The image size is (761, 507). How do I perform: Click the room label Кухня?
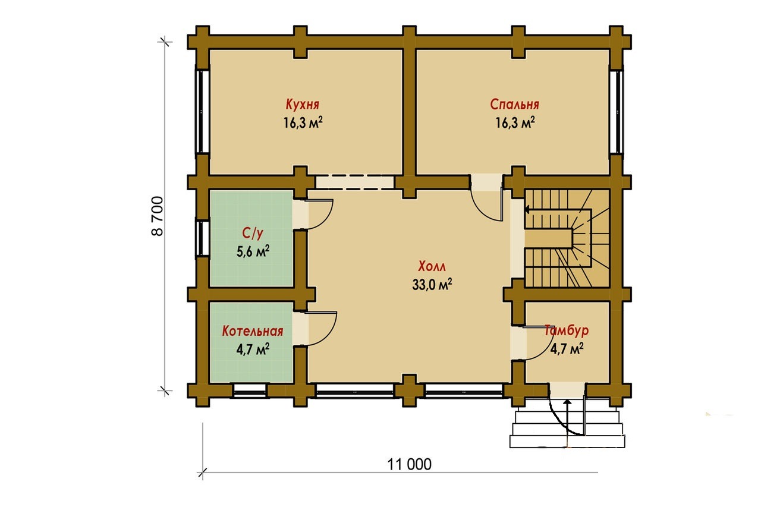pos(303,104)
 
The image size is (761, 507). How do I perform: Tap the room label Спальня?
pos(514,104)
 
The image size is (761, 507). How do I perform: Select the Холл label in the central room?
pos(432,266)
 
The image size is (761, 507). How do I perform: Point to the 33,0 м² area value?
pos(432,285)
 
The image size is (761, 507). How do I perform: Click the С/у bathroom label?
pos(253,234)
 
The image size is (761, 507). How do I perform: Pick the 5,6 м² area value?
pos(253,251)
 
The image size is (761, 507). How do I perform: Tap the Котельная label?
pos(253,331)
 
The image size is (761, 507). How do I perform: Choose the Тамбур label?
pos(567,330)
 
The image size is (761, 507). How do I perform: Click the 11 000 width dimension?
pos(410,465)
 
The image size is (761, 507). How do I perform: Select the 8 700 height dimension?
pos(158,216)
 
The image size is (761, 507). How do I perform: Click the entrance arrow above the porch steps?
pos(567,417)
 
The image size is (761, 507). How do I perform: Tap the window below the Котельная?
pos(250,391)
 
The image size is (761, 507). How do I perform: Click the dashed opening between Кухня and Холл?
pos(355,182)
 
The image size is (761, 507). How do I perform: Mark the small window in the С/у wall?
pos(203,238)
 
